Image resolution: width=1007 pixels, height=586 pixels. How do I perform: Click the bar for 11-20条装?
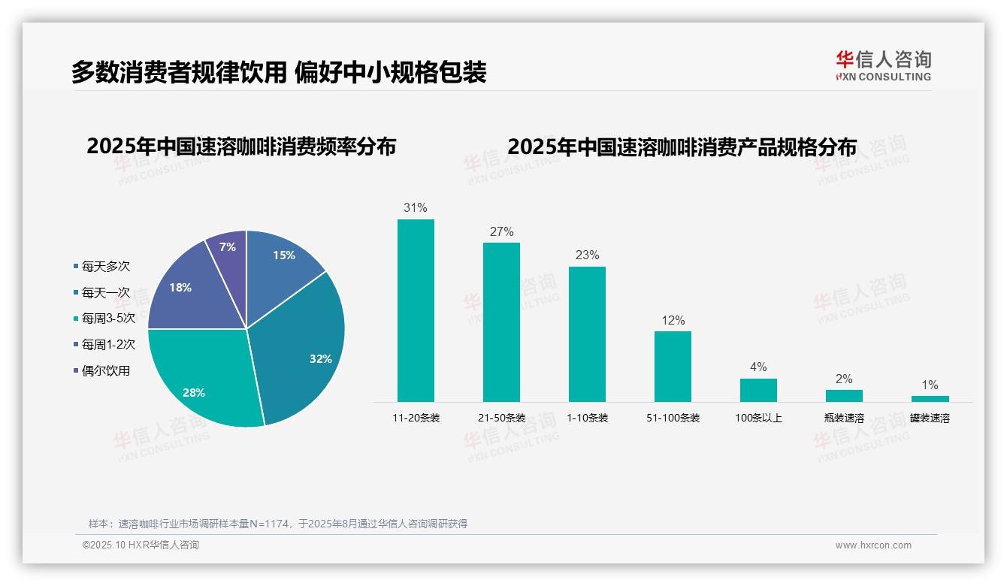pos(416,310)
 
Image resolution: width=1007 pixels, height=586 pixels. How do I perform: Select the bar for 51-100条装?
pos(673,367)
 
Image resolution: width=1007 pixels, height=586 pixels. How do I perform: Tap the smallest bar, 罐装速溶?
pos(930,398)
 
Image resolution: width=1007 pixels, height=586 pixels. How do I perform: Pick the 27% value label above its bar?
pos(501,232)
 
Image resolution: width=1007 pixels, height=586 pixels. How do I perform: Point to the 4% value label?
pos(758,367)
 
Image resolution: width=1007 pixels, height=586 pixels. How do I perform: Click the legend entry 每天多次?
pos(105,267)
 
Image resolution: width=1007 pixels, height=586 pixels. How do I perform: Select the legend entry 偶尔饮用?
pos(105,371)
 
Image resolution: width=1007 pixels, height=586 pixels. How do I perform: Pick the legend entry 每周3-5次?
pos(107,319)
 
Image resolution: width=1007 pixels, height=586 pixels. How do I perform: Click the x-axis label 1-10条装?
pos(587,418)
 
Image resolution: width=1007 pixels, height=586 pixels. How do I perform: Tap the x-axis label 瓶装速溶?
pos(844,418)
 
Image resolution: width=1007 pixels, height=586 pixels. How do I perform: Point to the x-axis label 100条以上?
pos(758,418)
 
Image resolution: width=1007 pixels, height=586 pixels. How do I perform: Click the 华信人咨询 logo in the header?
pos(883,65)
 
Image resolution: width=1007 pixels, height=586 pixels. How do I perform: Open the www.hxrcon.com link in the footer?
pos(873,545)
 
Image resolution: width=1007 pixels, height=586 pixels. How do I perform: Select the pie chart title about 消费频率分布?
pos(241,146)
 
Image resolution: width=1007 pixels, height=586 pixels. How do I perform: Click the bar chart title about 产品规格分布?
pos(682,146)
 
